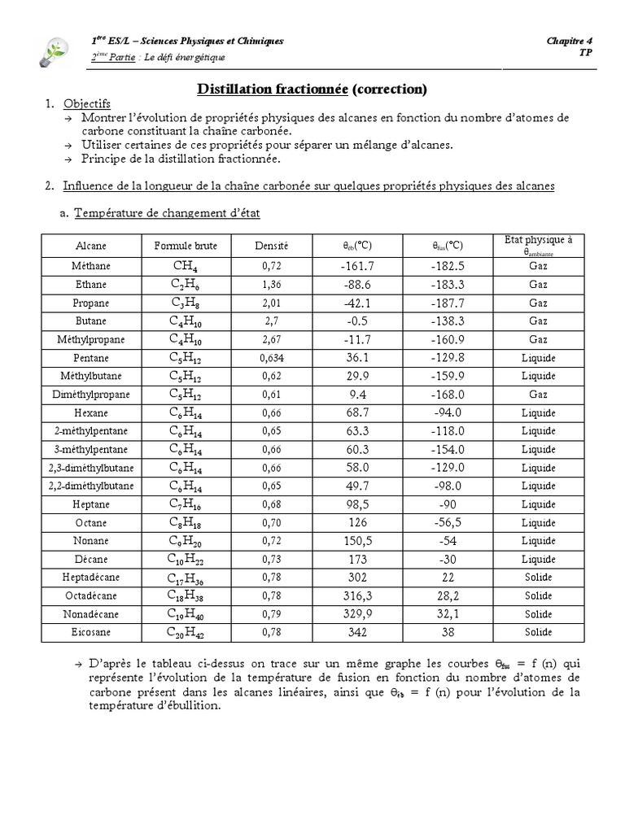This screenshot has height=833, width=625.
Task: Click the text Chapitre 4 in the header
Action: click(570, 41)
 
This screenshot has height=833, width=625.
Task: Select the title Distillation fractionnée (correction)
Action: click(312, 88)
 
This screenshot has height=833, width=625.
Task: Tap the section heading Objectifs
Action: click(87, 104)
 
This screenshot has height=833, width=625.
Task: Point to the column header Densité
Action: click(271, 246)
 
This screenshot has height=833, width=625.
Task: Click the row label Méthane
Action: click(91, 266)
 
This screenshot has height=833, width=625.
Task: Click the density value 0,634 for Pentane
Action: click(271, 358)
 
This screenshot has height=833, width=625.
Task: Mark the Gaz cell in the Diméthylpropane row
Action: click(538, 395)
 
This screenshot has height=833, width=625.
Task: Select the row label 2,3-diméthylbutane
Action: click(91, 468)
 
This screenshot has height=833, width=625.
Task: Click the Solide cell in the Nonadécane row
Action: click(538, 614)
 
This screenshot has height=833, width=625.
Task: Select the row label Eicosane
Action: click(91, 633)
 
